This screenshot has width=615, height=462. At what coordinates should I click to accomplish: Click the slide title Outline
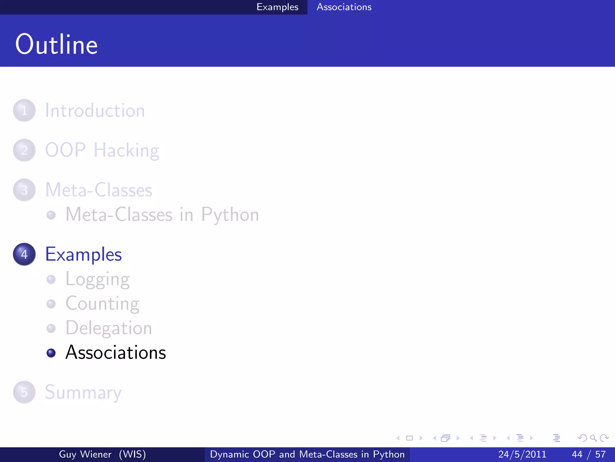tap(56, 45)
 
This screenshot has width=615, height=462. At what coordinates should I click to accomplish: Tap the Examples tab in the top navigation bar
tap(277, 7)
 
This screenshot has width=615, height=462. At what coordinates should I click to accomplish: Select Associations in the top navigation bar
tap(344, 7)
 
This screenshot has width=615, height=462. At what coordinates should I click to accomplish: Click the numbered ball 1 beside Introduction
tap(24, 110)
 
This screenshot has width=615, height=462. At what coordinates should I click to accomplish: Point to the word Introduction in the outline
tap(95, 110)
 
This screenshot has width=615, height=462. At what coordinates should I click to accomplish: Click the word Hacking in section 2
tap(126, 150)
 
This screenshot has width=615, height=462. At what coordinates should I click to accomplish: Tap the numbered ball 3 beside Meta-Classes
tap(24, 190)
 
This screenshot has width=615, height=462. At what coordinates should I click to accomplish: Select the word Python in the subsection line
tap(230, 215)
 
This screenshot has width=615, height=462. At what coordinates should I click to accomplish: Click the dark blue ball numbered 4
tap(24, 254)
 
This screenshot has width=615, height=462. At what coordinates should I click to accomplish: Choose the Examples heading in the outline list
tap(83, 254)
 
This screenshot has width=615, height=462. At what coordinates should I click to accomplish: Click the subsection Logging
tap(98, 279)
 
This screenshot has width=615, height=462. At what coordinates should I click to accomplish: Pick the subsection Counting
tap(102, 304)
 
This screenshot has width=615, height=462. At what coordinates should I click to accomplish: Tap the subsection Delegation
tap(109, 328)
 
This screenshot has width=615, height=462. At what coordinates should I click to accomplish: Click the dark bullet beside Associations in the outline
tap(51, 353)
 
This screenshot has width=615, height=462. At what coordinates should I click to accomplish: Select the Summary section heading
tap(83, 393)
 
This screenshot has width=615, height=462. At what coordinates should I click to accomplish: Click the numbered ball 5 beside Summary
tap(24, 392)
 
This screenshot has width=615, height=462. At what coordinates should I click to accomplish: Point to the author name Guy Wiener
tap(85, 454)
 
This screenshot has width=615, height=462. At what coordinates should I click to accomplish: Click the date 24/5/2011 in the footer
tap(522, 454)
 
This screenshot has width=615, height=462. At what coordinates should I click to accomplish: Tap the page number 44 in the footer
tap(577, 454)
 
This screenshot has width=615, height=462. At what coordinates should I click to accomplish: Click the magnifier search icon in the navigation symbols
tap(593, 438)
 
